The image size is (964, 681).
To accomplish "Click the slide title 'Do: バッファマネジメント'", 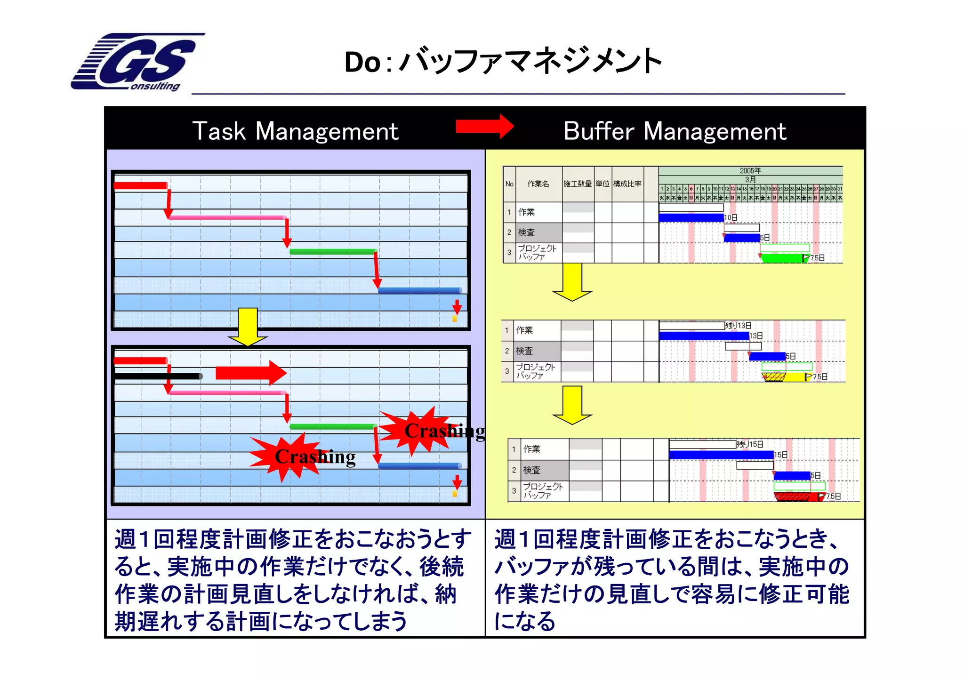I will pos(503,61).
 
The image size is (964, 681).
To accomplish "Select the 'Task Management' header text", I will pos(295,131).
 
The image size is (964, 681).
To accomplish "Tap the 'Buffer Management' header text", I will pos(675,131).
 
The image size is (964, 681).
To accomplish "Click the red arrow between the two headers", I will pos(485,126).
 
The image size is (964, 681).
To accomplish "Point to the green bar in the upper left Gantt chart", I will pos(333,251).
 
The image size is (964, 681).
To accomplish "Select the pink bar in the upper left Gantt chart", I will pos(228,217).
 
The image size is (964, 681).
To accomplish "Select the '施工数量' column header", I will pos(578,184).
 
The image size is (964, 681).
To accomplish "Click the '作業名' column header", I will pos(538,184).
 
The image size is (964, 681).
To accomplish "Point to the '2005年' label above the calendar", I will pos(750,170).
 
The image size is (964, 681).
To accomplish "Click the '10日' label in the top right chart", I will pos(731,217).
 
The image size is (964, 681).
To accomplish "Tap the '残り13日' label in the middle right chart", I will pos(738,326).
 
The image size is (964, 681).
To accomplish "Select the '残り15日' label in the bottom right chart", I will pos(750,444).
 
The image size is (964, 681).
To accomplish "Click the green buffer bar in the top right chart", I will pos(782,258).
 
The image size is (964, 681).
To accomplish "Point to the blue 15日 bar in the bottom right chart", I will pos(721,455).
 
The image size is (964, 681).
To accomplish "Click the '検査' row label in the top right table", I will pos(526,232).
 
